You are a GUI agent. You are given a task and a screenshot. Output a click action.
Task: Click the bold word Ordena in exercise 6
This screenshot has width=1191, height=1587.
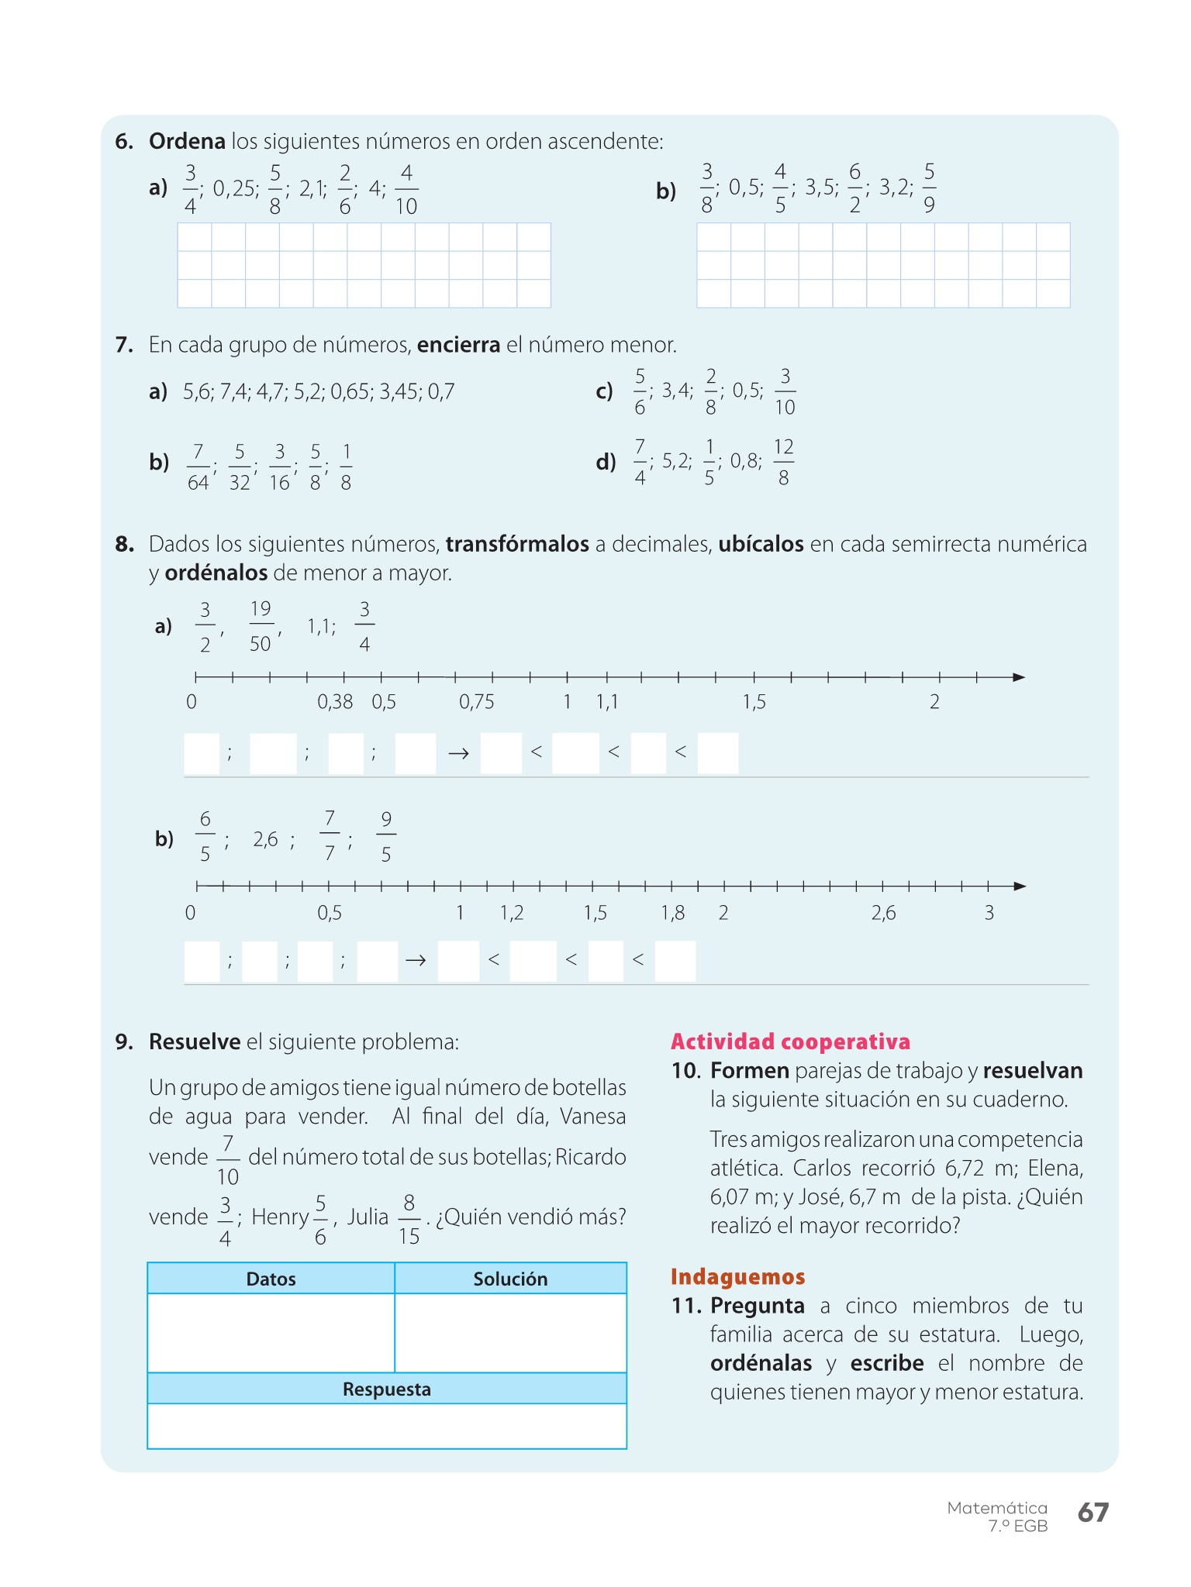(x=187, y=142)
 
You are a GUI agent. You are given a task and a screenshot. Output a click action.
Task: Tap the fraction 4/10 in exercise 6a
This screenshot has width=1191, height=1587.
(x=406, y=189)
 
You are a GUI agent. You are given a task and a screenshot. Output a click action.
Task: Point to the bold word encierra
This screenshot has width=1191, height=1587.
(x=458, y=345)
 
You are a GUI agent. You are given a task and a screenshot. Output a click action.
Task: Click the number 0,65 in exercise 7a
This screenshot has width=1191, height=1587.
(x=351, y=392)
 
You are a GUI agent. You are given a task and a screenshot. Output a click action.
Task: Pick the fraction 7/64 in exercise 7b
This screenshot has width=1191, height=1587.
(x=198, y=467)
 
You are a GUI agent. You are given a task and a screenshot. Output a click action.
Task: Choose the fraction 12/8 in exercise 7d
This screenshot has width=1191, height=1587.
(x=783, y=462)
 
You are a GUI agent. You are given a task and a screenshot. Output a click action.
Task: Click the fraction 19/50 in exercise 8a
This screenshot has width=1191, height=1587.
(x=261, y=626)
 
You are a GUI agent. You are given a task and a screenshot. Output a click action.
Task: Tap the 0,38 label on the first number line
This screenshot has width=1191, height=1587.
(x=335, y=702)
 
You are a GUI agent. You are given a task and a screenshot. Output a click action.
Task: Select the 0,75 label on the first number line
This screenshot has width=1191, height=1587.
(x=476, y=702)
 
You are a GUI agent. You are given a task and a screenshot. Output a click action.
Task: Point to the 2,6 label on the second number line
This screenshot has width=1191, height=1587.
(x=883, y=913)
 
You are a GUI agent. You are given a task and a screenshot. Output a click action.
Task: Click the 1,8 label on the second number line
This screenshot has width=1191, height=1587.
(x=672, y=913)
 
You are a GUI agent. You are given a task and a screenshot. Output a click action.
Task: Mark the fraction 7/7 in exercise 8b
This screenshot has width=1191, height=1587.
(x=330, y=836)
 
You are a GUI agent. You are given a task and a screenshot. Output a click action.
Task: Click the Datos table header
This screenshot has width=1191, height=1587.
(x=271, y=1279)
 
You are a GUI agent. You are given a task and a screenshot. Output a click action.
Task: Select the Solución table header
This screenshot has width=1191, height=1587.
(x=510, y=1279)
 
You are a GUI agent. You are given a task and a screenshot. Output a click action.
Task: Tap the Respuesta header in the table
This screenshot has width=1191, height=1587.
(x=386, y=1389)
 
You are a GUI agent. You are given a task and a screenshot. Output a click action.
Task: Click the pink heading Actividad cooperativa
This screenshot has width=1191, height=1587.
(x=790, y=1041)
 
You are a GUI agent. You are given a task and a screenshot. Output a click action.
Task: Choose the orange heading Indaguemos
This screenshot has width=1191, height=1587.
(x=737, y=1277)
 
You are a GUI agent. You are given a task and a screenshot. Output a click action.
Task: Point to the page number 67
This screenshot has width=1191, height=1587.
(x=1093, y=1512)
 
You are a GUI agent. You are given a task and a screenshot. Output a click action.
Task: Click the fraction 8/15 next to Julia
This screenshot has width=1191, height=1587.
(x=409, y=1220)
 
